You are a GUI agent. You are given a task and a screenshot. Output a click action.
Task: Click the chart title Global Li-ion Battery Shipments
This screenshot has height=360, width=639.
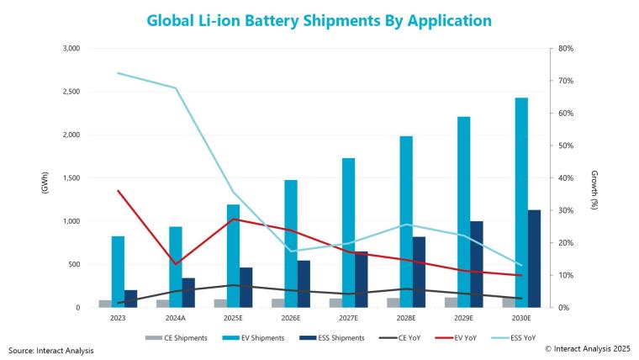click(x=319, y=19)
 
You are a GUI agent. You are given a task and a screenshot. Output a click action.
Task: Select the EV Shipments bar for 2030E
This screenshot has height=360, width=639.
click(x=521, y=203)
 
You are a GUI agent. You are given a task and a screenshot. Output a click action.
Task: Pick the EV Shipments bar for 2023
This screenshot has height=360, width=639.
click(x=118, y=272)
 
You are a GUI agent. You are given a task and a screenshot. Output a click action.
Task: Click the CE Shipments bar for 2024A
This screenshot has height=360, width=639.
click(x=162, y=304)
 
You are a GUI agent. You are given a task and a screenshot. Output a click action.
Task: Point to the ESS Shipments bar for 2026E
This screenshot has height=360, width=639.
click(x=304, y=284)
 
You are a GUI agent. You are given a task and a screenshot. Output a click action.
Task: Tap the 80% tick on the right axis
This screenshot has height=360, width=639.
click(x=565, y=49)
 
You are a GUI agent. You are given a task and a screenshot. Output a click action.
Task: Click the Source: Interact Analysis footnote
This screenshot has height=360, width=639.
click(x=51, y=350)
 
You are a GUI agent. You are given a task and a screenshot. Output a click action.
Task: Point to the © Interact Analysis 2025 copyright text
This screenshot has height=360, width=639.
click(x=587, y=347)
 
